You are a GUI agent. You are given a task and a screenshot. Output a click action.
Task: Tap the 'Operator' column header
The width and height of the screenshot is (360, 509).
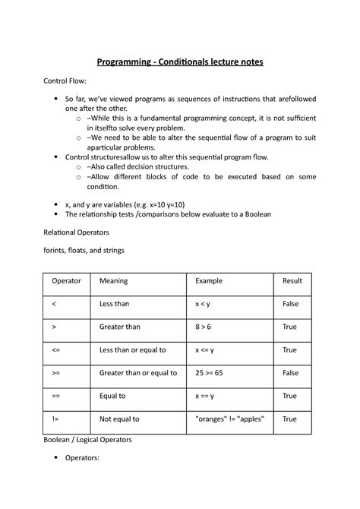point(66,281)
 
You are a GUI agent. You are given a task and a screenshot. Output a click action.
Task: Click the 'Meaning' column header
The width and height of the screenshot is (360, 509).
point(114,281)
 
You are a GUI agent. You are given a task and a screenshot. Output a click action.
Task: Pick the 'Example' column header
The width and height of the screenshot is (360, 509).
point(209,281)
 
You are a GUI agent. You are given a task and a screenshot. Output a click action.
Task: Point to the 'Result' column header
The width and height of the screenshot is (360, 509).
point(292,281)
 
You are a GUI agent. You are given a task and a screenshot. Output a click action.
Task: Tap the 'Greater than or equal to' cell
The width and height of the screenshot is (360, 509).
point(138,373)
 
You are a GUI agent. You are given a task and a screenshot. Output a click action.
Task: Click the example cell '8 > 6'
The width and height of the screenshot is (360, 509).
point(204,327)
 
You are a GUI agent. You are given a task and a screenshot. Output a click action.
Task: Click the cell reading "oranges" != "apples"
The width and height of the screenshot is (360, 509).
point(229,419)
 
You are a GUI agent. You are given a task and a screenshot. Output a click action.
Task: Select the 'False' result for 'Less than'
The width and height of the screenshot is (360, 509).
point(290,304)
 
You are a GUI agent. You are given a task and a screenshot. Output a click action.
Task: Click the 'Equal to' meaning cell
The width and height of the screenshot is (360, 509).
point(113,396)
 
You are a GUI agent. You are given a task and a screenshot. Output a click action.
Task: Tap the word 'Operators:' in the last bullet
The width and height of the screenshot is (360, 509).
point(85,459)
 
